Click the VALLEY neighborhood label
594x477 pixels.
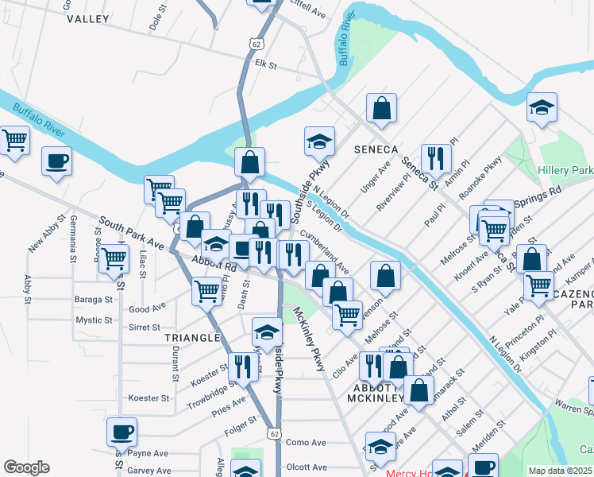pos(88,17)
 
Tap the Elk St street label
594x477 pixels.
pos(265,65)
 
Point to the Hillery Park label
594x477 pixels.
pos(565,171)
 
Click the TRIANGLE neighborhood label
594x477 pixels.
pos(191,338)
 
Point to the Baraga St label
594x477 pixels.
pos(94,300)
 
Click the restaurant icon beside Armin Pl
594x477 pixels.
pos(434,158)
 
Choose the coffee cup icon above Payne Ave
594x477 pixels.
pos(121,432)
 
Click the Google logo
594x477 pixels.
pos(26,467)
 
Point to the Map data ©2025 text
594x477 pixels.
pos(560,471)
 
